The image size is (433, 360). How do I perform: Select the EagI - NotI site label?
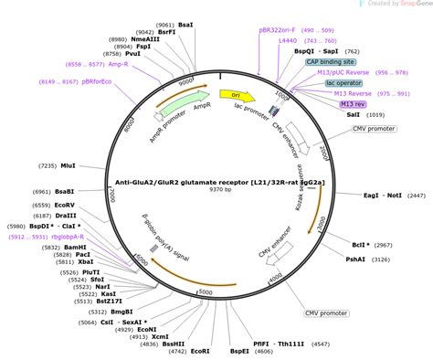coord(382,196)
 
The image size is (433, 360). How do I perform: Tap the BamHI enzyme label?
coord(76,248)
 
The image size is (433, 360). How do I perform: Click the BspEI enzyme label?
coord(239,349)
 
